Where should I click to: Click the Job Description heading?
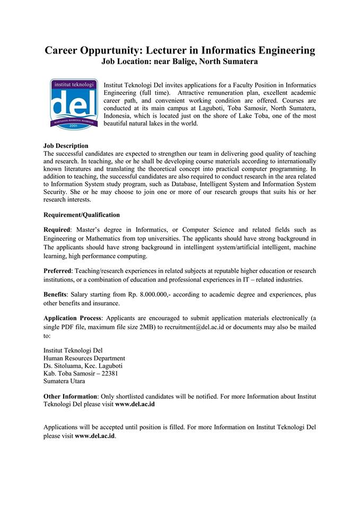pyautogui.click(x=66, y=146)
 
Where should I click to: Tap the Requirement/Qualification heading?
pyautogui.click(x=82, y=215)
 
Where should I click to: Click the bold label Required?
pyautogui.click(x=56, y=230)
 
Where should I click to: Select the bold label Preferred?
pyautogui.click(x=57, y=270)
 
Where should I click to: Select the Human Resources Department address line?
pyautogui.click(x=84, y=358)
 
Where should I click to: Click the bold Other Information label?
pyautogui.click(x=70, y=396)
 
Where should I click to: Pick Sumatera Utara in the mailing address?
pyautogui.click(x=64, y=381)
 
